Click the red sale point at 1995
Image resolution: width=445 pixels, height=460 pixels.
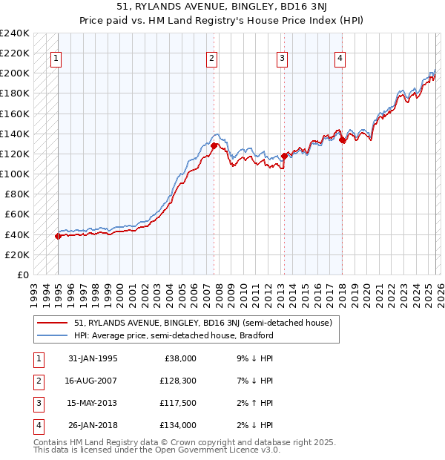coord(58,236)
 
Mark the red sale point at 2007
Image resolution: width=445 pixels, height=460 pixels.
coord(214,146)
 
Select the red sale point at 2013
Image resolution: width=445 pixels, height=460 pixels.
coord(284,157)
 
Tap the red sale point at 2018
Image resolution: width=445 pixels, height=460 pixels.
coord(342,139)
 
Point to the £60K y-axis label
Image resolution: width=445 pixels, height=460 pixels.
coord(17,214)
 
